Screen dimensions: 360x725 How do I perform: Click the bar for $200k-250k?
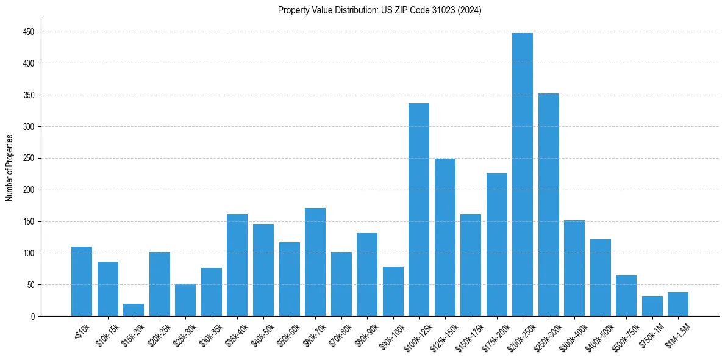click(523, 175)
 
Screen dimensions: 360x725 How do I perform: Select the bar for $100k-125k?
click(419, 210)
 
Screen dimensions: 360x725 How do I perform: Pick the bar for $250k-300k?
click(548, 205)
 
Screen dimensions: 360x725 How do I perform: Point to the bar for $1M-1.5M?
click(678, 304)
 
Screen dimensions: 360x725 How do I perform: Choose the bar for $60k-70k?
click(315, 262)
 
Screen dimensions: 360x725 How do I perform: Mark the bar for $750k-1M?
click(652, 306)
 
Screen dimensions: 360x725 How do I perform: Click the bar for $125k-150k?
click(445, 237)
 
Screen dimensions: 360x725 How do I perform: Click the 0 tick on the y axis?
click(33, 317)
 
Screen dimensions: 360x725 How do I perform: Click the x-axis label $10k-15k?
click(107, 337)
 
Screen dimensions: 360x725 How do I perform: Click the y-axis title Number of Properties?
click(9, 168)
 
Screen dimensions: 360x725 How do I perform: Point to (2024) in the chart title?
click(471, 10)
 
